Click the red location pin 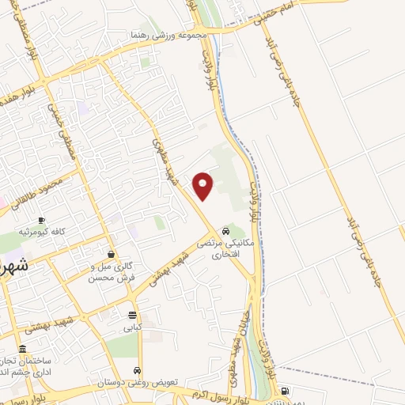click(203, 185)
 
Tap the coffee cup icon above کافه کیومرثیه click(41, 219)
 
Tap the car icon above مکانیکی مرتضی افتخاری click(226, 232)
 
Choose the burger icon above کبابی click(132, 314)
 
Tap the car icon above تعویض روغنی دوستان click(138, 370)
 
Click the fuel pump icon click(286, 391)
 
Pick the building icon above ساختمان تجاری click(22, 349)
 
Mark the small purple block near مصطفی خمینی click(82, 108)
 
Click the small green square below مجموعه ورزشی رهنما click(144, 62)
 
